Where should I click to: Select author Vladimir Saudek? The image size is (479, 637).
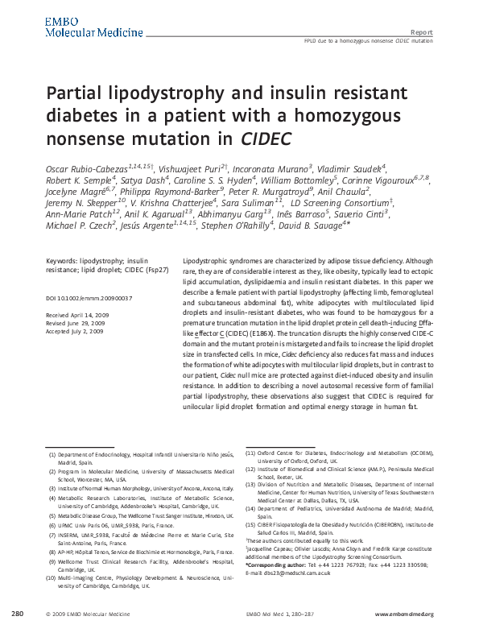[x=352, y=166]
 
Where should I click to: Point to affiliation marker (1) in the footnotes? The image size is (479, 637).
[x=52, y=455]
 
